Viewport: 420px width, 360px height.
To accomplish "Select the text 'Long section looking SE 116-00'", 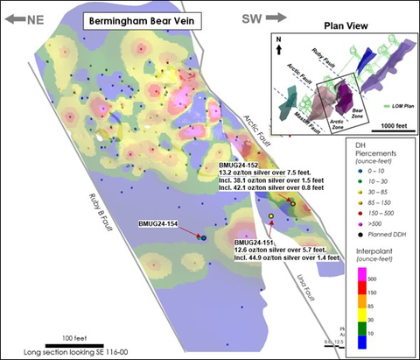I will coord(81,350).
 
